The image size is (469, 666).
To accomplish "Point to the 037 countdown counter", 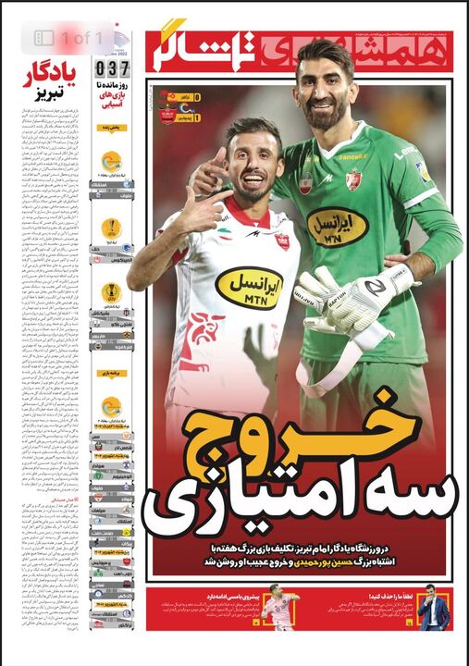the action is pyautogui.click(x=112, y=68).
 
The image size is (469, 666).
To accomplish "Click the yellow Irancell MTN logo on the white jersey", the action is pyautogui.click(x=249, y=288).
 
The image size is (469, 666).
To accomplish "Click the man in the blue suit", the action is pyautogui.click(x=434, y=614).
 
